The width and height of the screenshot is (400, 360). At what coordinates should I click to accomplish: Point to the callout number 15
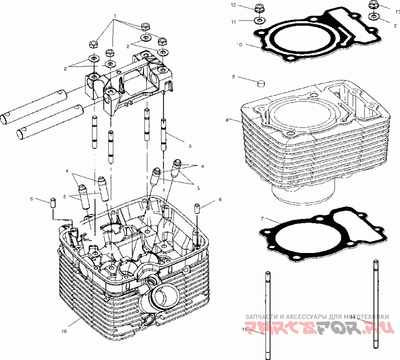point(245,329)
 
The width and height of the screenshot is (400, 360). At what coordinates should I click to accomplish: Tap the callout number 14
point(353,317)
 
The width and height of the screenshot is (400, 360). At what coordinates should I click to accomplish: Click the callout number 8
point(227,120)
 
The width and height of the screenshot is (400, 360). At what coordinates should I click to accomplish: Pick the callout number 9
point(233,77)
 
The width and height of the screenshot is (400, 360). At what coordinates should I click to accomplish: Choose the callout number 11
point(233,21)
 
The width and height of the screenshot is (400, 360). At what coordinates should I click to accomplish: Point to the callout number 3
point(190,146)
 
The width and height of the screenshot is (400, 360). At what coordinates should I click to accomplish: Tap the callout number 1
point(115,16)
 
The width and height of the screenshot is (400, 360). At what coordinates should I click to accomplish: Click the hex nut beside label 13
point(373,5)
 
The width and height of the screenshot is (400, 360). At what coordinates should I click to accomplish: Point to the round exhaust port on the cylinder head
point(163,297)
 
